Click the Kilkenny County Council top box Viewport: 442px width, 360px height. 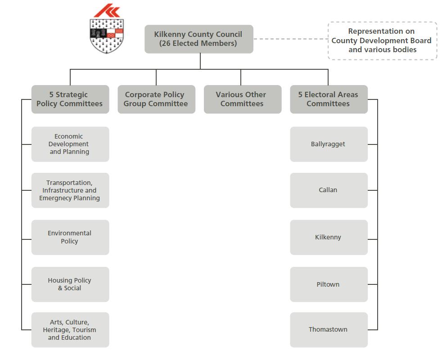tap(198, 39)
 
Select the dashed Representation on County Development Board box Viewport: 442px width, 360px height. tap(382, 40)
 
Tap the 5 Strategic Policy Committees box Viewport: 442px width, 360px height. tap(70, 99)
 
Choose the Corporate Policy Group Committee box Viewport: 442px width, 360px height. tap(156, 99)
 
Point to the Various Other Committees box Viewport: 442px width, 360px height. tap(242, 99)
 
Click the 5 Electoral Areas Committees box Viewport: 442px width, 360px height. tap(328, 99)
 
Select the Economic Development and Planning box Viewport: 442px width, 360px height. tap(70, 144)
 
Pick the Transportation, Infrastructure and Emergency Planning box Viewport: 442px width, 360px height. tap(70, 190)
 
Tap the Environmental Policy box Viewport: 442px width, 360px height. tap(70, 237)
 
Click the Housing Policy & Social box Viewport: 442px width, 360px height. tap(70, 284)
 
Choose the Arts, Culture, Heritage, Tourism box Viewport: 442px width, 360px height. tap(70, 330)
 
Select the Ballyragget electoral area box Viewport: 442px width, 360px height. tap(328, 144)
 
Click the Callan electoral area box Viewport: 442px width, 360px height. tap(328, 190)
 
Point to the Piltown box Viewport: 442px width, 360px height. tap(328, 284)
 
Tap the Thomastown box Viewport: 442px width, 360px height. tap(328, 330)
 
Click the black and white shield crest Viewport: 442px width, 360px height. tap(107, 36)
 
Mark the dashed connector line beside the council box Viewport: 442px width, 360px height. tap(290, 39)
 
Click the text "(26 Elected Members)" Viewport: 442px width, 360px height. tap(198, 44)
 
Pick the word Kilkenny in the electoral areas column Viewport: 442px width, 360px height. tap(328, 237)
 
